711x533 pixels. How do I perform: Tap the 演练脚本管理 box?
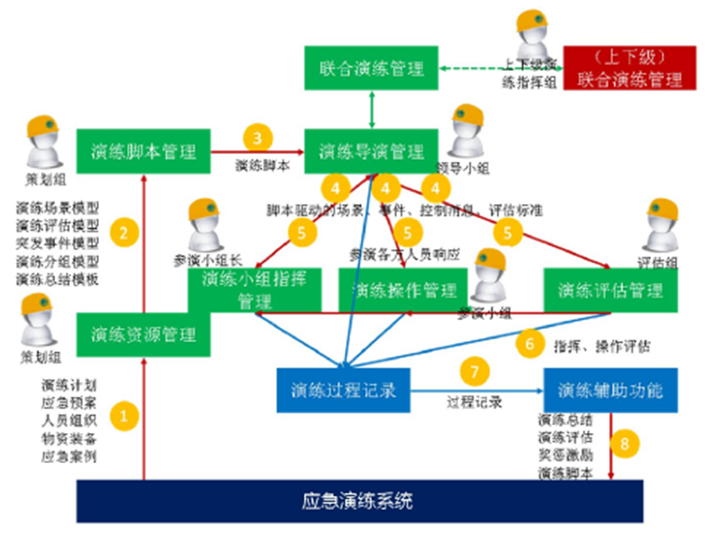pos(142,151)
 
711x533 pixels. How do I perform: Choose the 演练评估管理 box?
pos(611,290)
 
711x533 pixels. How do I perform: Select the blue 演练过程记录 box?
pos(344,388)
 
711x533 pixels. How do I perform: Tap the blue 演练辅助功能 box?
pos(611,388)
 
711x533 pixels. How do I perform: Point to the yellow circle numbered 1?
pos(125,414)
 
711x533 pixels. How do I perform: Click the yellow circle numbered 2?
pos(125,234)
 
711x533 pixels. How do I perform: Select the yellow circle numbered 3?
pos(257,138)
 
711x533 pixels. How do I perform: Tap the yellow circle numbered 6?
pos(530,343)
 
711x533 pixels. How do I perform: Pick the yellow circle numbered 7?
pos(474,372)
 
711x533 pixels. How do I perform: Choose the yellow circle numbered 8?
pos(624,444)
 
